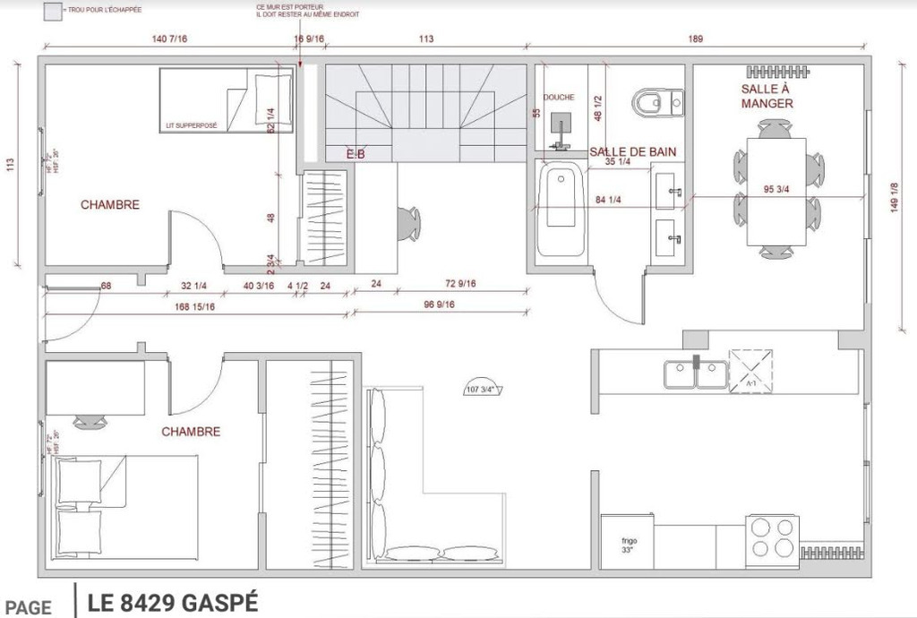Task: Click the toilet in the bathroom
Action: tap(656, 102)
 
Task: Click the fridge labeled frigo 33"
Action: tap(627, 541)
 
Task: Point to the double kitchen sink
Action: tap(696, 374)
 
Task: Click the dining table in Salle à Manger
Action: tap(776, 191)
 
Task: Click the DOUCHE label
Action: tap(559, 97)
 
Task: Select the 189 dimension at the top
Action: tap(695, 39)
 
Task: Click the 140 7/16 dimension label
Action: tap(170, 39)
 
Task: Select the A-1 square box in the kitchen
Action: tap(750, 371)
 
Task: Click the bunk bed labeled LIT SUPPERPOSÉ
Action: tap(227, 100)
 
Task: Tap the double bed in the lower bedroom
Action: tap(125, 506)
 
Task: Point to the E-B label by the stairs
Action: tap(356, 154)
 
